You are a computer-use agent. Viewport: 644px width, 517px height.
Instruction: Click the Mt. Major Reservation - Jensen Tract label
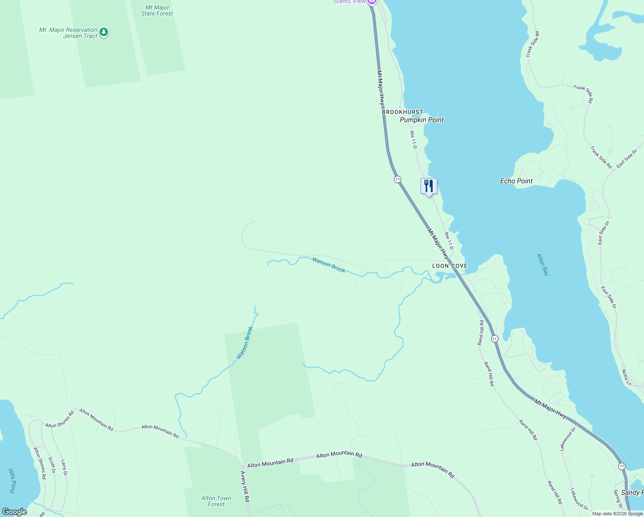pyautogui.click(x=68, y=33)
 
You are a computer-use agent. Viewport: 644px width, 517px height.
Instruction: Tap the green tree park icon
pyautogui.click(x=103, y=32)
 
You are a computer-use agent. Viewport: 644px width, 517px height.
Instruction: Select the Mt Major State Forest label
pyautogui.click(x=157, y=11)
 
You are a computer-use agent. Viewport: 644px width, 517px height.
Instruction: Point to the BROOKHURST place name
pyautogui.click(x=402, y=112)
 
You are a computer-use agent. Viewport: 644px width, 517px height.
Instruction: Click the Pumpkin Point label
pyautogui.click(x=421, y=120)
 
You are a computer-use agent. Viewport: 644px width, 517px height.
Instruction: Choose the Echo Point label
pyautogui.click(x=516, y=181)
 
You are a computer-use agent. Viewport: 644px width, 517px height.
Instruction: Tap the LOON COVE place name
pyautogui.click(x=449, y=266)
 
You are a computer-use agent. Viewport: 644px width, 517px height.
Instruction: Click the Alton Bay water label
pyautogui.click(x=543, y=265)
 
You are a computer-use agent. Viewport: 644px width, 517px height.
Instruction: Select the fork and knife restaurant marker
pyautogui.click(x=429, y=187)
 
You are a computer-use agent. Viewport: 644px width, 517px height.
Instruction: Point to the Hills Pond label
pyautogui.click(x=12, y=481)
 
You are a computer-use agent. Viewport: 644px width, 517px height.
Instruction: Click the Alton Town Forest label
pyautogui.click(x=216, y=501)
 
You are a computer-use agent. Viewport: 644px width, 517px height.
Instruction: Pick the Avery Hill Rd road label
pyautogui.click(x=245, y=486)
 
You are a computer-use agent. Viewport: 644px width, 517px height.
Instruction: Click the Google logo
pyautogui.click(x=14, y=512)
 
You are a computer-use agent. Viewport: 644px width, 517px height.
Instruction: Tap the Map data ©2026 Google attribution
pyautogui.click(x=617, y=514)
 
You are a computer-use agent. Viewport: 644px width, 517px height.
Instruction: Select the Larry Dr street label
pyautogui.click(x=64, y=467)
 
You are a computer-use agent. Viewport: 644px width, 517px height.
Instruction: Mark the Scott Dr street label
pyautogui.click(x=52, y=465)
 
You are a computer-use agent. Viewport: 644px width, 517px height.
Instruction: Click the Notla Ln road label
pyautogui.click(x=626, y=377)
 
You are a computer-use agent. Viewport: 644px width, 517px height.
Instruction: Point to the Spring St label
pyautogui.click(x=618, y=499)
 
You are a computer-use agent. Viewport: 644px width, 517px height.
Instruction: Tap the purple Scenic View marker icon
pyautogui.click(x=372, y=2)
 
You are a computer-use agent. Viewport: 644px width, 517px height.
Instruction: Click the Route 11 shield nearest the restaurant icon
pyautogui.click(x=397, y=179)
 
